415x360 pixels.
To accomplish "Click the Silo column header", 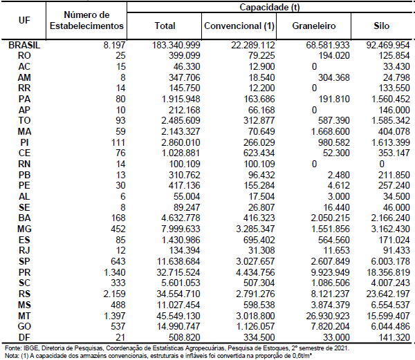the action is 381,26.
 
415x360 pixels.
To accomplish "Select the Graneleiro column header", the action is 314,26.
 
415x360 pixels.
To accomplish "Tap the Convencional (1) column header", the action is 239,26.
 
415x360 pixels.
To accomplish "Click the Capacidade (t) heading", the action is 270,7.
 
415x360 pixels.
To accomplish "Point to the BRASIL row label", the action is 24,45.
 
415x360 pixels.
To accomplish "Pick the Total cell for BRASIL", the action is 176,45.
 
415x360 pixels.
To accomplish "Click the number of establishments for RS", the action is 114,294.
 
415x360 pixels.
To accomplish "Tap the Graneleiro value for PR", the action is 331,272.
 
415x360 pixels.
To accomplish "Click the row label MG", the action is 24,229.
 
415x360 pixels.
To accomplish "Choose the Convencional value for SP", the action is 255,261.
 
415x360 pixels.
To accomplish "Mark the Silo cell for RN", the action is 381,164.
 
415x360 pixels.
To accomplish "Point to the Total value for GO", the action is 178,326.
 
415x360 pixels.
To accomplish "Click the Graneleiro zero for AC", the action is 314,66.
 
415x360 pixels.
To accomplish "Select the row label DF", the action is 24,337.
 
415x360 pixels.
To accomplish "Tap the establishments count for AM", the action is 123,77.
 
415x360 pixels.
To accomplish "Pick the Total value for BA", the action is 181,218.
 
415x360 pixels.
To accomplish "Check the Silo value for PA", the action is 390,99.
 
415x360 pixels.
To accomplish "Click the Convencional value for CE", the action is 259,153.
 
